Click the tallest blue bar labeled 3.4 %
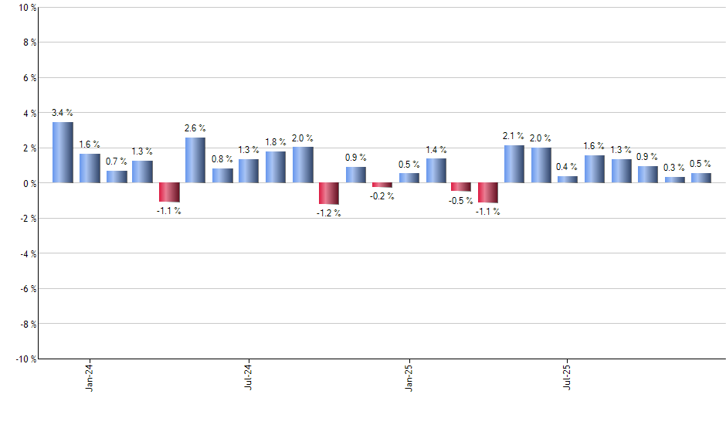[63, 152]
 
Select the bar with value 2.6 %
[195, 160]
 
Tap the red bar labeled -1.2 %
[329, 193]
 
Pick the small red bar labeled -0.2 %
[382, 185]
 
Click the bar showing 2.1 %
[514, 164]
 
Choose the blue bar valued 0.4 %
[568, 179]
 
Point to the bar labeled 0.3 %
[674, 180]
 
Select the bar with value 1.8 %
[276, 167]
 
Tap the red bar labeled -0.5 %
[461, 187]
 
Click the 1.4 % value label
[436, 149]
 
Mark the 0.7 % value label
[117, 161]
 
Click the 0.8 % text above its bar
[222, 159]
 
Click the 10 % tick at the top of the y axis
[26, 8]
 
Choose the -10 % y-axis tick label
[25, 359]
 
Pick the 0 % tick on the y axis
[29, 183]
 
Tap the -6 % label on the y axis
[27, 288]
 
